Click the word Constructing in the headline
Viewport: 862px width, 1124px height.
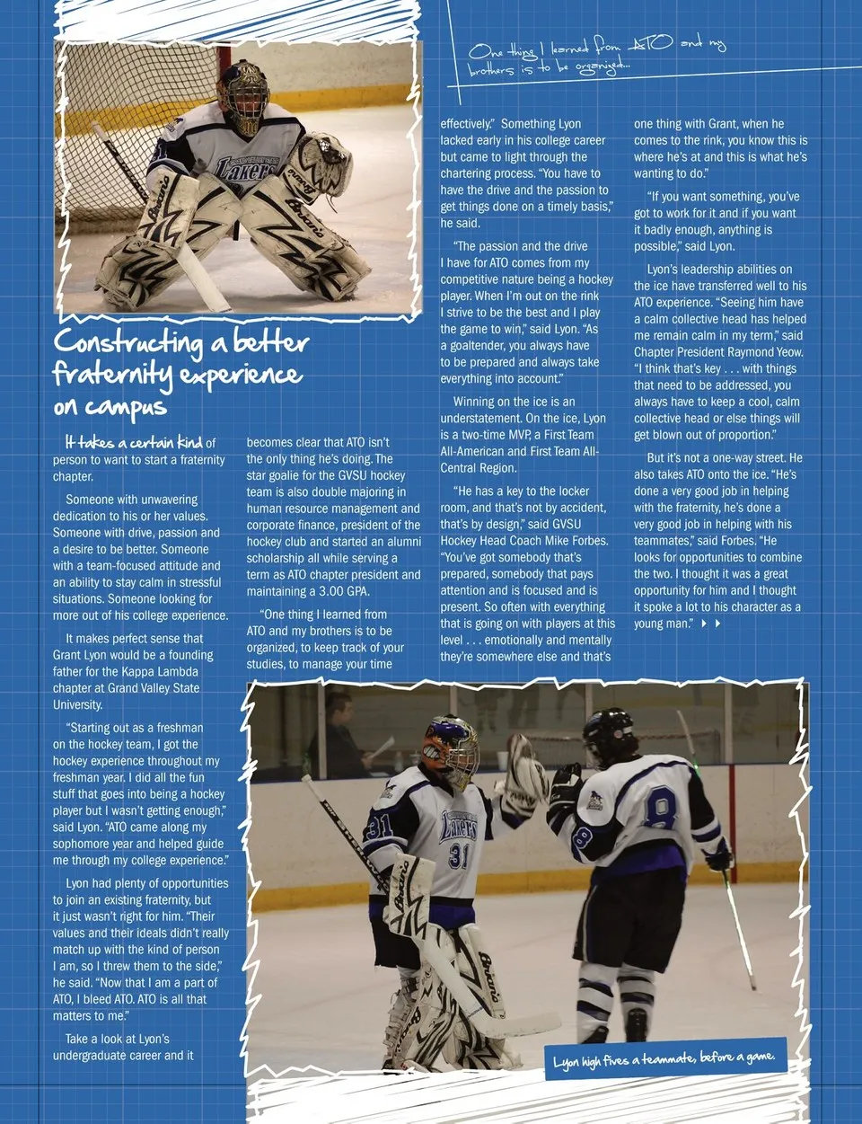click(x=128, y=342)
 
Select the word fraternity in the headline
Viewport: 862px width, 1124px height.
click(x=112, y=373)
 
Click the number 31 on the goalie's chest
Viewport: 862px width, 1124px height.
click(x=459, y=854)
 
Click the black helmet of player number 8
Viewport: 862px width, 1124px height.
click(x=609, y=732)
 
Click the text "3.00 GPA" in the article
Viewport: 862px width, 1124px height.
click(x=343, y=591)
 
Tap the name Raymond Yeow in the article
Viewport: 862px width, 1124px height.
click(x=765, y=352)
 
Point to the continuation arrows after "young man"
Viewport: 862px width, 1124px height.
click(x=710, y=624)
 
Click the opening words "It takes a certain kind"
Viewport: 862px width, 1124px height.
click(x=133, y=442)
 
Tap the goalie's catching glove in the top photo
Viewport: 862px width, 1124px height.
click(x=321, y=162)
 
